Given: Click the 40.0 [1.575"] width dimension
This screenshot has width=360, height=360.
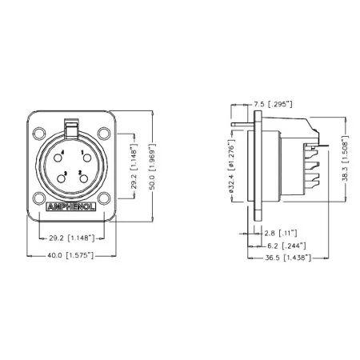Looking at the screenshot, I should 70,255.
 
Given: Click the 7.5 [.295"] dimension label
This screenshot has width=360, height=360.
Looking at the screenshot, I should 271,104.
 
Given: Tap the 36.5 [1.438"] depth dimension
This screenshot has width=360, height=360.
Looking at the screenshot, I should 287,258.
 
